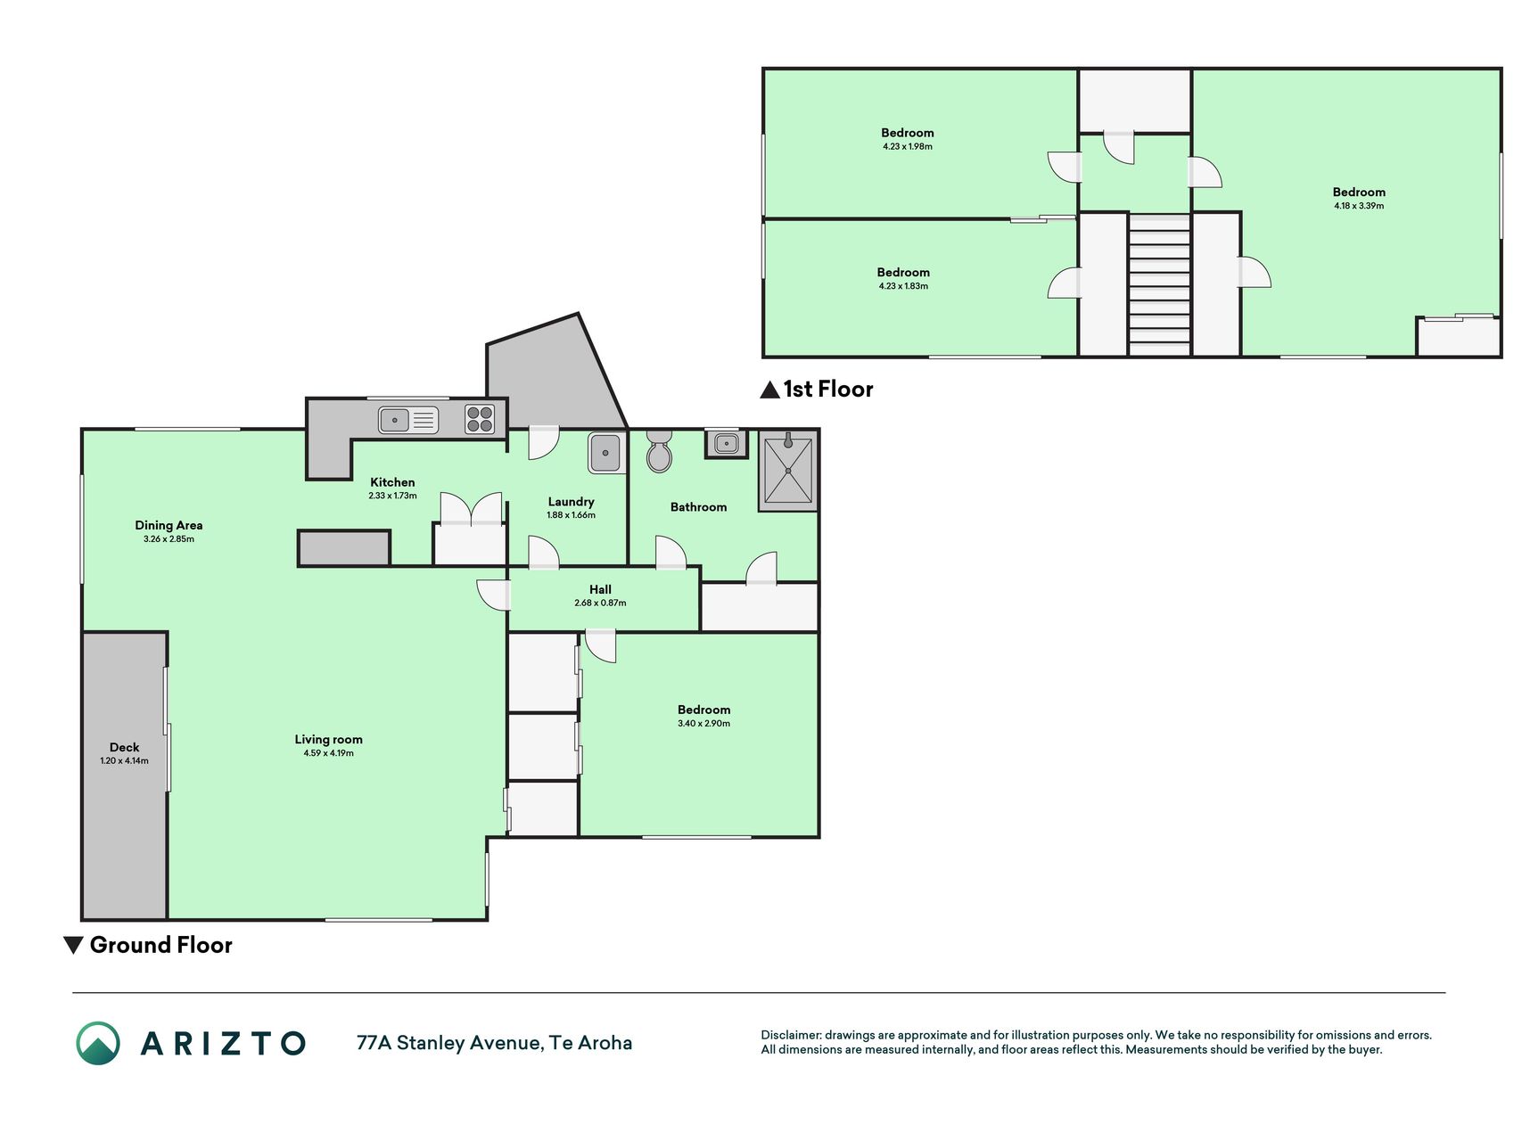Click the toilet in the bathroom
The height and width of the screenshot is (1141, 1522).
pos(659,451)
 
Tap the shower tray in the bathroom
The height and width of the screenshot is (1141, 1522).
pos(788,472)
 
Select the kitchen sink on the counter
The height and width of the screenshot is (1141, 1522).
pos(408,419)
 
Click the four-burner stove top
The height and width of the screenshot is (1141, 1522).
pos(480,419)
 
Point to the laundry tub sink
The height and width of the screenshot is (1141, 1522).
pos(605,453)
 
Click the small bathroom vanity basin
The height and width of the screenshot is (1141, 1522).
pos(727,443)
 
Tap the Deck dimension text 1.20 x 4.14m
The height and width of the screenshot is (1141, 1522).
pos(125,761)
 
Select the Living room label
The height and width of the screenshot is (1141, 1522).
pos(329,739)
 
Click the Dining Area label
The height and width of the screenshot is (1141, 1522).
pos(169,525)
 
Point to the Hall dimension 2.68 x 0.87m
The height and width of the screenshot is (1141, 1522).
pos(600,603)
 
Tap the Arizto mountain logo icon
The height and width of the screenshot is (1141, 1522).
pos(98,1043)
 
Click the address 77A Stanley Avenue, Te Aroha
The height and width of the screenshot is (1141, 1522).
pos(494,1043)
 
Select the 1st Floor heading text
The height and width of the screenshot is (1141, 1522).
pos(828,389)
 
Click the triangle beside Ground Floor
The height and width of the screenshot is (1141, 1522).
pos(74,945)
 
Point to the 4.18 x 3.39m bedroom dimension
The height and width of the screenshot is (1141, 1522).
pos(1359,206)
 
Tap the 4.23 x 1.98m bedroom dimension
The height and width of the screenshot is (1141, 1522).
pos(908,146)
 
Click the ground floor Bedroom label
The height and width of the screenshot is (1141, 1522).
pos(703,710)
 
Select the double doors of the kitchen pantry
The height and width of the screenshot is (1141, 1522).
pos(471,508)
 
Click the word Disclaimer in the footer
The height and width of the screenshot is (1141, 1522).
pos(790,1035)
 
